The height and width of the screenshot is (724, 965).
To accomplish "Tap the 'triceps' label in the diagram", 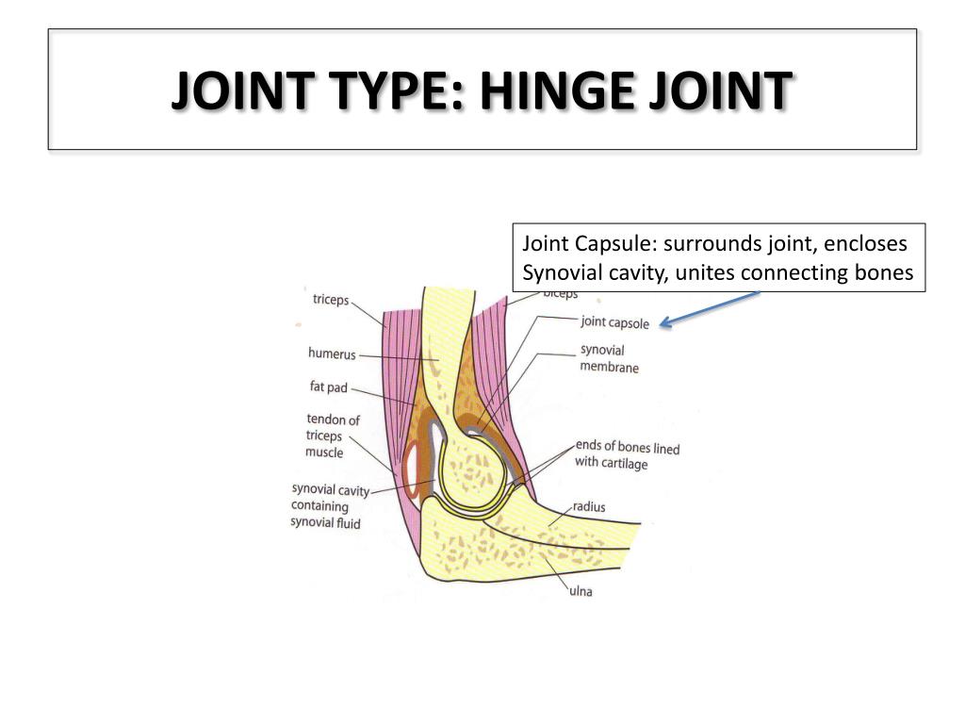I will [x=330, y=301].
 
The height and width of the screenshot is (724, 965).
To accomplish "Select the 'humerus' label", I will [x=332, y=354].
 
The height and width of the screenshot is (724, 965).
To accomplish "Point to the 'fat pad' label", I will [x=328, y=387].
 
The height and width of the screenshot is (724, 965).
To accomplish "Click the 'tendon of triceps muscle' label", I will [x=332, y=436].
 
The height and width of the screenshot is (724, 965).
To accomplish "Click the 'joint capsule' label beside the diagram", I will [x=614, y=322].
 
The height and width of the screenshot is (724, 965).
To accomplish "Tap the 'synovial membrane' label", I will [x=608, y=358].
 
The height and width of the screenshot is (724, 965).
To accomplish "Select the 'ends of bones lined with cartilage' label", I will [x=627, y=455].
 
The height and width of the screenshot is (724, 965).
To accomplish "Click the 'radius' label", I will [x=589, y=507].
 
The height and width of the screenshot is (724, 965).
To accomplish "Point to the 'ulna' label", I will [x=581, y=592].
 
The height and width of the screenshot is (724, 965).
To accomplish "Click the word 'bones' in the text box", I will [x=888, y=274].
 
